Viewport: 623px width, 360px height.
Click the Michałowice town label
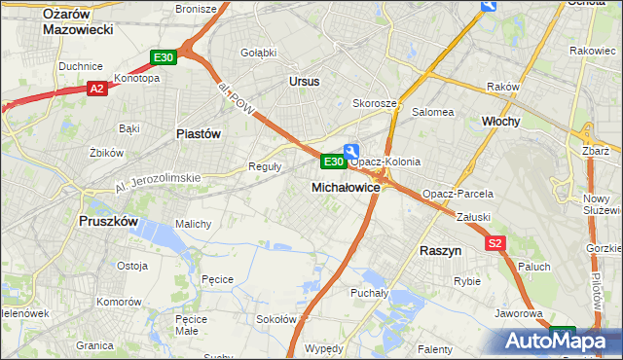point(346,186)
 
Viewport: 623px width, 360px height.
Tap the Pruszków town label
point(108,221)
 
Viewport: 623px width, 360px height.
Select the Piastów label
point(199,133)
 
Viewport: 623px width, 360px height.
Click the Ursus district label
point(304,82)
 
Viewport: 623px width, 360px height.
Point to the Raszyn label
point(440,250)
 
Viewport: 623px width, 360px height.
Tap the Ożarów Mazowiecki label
point(78,20)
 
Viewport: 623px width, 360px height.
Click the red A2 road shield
point(96,89)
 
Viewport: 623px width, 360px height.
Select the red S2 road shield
point(495,243)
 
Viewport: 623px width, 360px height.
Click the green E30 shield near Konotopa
point(164,58)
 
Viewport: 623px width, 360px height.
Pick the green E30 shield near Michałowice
point(332,161)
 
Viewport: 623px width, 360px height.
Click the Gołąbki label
point(258,53)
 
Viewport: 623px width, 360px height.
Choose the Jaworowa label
point(518,313)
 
